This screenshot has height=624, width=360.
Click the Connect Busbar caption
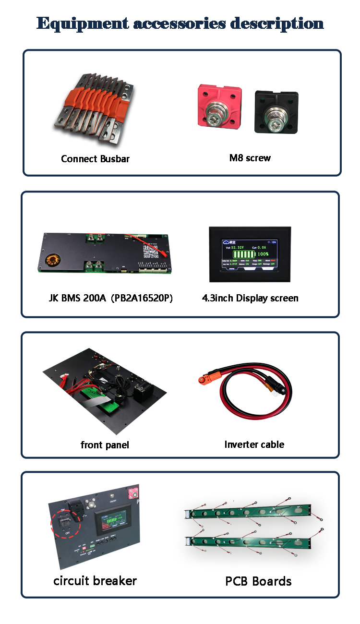point(95,159)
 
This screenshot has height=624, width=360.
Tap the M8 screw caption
point(250,158)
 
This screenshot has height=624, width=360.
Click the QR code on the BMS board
point(151,251)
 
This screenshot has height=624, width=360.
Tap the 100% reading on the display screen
point(263,253)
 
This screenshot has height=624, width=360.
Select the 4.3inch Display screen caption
point(250,298)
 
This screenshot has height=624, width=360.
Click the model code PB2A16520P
point(142,298)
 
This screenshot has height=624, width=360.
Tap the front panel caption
point(105,445)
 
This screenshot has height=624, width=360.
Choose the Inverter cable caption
point(254,444)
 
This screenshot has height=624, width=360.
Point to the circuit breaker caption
point(95,581)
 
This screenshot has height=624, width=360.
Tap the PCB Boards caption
point(258,581)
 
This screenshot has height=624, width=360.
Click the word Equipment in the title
point(82,23)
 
